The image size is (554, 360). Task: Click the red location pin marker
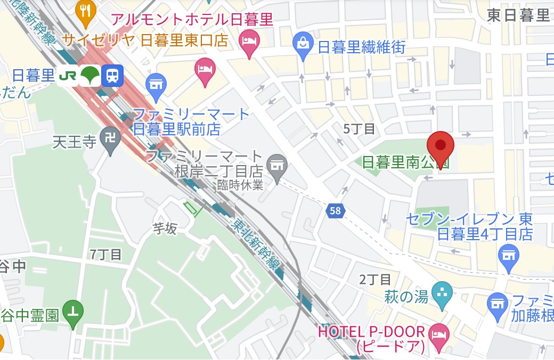[x=441, y=146]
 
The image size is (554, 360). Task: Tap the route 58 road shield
[x=335, y=211]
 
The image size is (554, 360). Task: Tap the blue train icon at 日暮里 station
[x=112, y=75]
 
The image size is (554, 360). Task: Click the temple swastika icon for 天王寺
[x=111, y=138]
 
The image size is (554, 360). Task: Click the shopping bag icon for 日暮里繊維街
[x=303, y=43]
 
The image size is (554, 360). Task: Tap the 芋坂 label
[x=165, y=229]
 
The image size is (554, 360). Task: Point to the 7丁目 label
[x=106, y=254]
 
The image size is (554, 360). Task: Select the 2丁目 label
[x=375, y=279]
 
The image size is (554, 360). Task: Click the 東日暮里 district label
[x=518, y=16]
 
